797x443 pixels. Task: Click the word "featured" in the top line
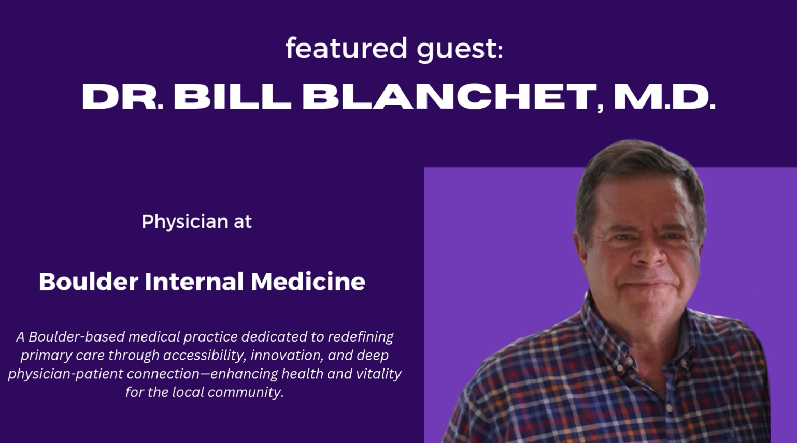click(x=347, y=48)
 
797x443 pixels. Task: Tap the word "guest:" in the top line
click(x=460, y=50)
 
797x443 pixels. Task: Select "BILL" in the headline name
click(x=232, y=97)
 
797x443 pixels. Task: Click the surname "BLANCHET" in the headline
click(x=450, y=97)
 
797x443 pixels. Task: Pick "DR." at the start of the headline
click(x=122, y=97)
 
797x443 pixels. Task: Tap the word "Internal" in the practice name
click(x=194, y=282)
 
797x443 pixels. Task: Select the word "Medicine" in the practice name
click(x=308, y=282)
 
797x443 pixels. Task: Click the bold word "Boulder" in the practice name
click(x=89, y=282)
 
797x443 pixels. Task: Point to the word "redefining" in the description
click(x=361, y=337)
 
